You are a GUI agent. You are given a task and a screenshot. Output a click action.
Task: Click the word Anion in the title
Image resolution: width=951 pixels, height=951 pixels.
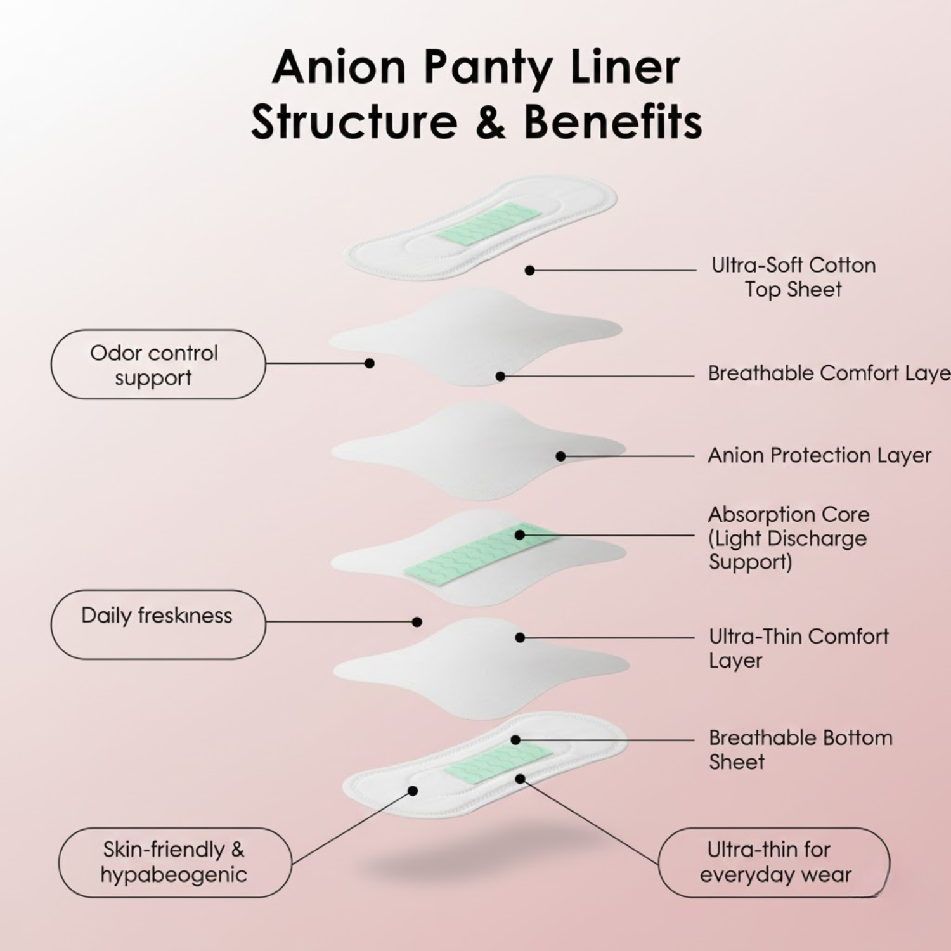(339, 67)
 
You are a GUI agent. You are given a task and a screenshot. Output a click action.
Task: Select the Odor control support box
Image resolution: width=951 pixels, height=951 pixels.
(158, 365)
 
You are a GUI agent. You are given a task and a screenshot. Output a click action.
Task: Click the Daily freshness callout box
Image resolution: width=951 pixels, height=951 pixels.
(158, 624)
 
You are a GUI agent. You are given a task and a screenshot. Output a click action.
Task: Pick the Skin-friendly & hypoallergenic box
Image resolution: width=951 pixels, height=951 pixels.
(174, 862)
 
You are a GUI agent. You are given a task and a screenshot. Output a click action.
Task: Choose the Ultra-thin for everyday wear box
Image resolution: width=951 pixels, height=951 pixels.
(774, 862)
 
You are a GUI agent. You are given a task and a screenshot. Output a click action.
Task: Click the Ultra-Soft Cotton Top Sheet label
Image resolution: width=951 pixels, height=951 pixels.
(793, 277)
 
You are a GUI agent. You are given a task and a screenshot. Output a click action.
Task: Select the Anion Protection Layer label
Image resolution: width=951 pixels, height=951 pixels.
(819, 455)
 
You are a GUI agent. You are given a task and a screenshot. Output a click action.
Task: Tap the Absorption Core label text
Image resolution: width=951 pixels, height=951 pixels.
(789, 538)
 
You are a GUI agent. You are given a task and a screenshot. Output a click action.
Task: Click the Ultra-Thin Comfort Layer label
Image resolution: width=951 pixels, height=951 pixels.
(798, 648)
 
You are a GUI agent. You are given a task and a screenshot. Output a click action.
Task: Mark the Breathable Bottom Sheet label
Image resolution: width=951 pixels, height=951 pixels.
(800, 749)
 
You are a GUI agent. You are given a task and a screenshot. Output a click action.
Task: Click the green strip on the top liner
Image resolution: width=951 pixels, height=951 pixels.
(489, 223)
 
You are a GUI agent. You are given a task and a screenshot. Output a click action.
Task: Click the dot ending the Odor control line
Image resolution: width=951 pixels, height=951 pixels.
(370, 363)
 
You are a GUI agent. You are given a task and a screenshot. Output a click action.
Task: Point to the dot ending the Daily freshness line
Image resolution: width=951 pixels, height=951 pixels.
(417, 622)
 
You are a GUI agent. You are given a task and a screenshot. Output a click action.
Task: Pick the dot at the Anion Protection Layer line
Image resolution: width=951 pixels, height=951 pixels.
(560, 456)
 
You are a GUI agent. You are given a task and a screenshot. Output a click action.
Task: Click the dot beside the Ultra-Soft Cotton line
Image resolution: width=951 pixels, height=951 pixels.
(529, 271)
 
